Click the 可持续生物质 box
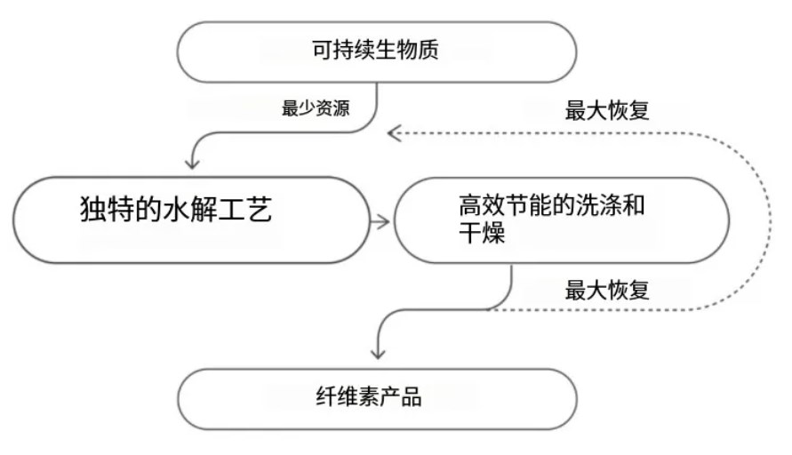pyautogui.click(x=377, y=52)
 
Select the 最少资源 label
pyautogui.click(x=316, y=110)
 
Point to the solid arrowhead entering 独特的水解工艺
pyautogui.click(x=192, y=163)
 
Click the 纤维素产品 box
pyautogui.click(x=377, y=397)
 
